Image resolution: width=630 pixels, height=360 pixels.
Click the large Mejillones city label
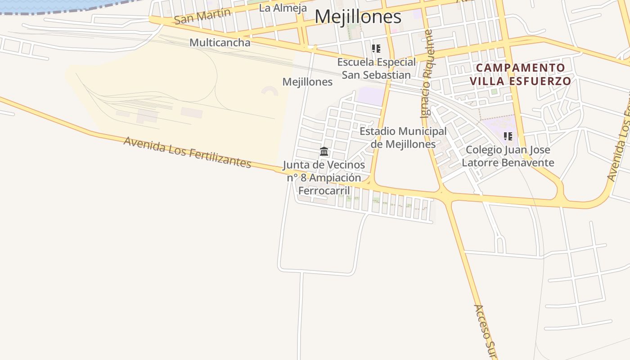click(x=358, y=17)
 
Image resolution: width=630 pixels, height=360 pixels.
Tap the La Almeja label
click(x=283, y=8)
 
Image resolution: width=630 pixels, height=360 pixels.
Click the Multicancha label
click(x=220, y=43)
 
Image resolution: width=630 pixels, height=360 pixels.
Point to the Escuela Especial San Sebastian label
click(x=376, y=68)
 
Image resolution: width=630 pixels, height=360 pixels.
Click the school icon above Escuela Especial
click(x=376, y=49)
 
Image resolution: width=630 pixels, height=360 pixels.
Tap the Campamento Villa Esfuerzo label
click(x=521, y=75)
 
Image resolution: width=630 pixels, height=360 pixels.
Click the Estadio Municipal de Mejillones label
click(x=403, y=138)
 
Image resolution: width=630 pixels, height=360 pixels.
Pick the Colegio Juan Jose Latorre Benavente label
click(x=508, y=156)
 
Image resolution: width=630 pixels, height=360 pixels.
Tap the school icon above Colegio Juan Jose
click(x=508, y=136)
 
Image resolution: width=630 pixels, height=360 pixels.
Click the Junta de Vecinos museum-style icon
click(x=324, y=151)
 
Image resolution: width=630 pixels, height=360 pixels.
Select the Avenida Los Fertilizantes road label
click(x=187, y=152)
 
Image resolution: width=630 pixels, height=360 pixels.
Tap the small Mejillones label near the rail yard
click(x=307, y=82)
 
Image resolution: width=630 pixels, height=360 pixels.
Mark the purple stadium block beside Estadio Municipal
click(x=371, y=96)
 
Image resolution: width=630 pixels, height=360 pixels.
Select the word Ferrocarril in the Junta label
click(x=324, y=190)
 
